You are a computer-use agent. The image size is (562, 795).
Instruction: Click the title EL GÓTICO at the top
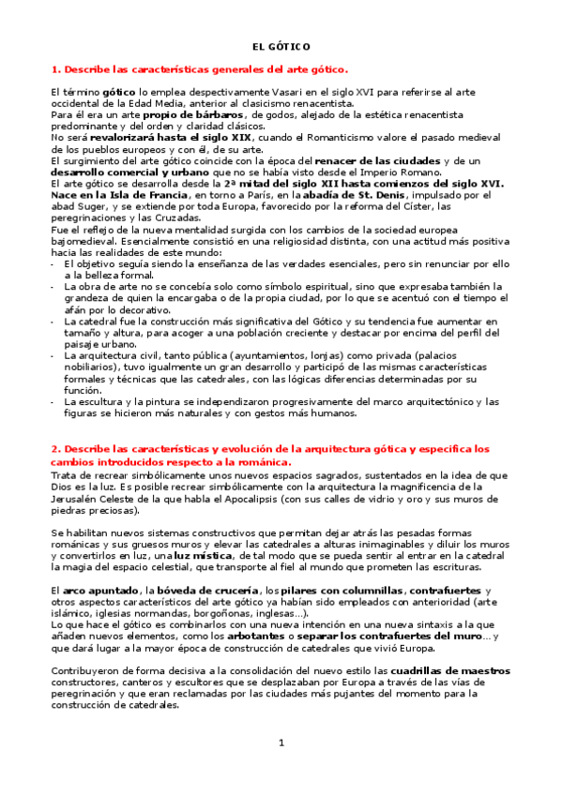coord(281,46)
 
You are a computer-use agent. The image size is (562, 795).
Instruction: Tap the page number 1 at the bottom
coord(281,743)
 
